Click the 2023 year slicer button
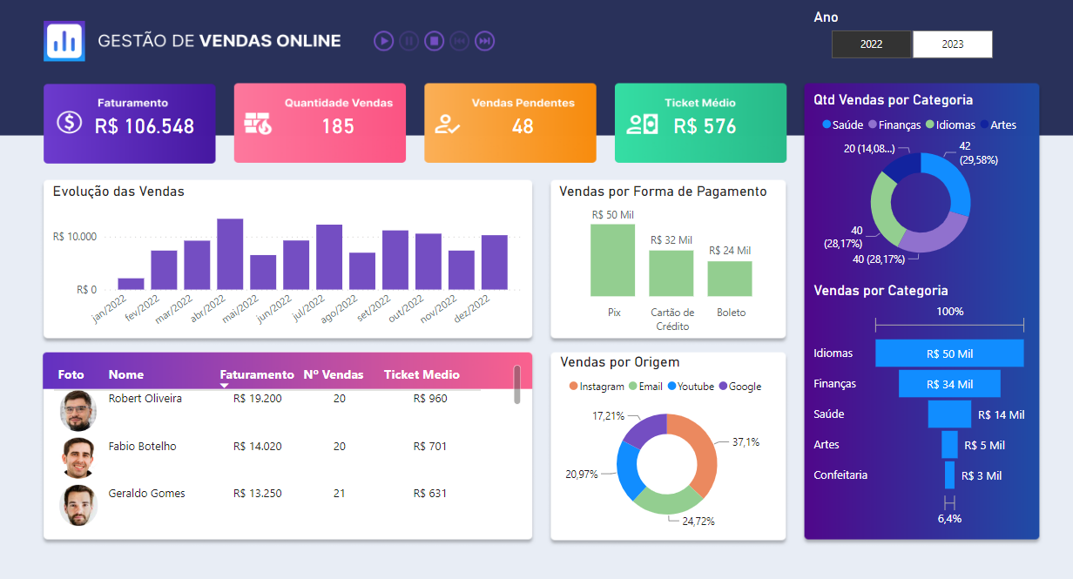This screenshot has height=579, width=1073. click(x=952, y=44)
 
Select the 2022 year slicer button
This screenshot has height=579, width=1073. click(x=872, y=44)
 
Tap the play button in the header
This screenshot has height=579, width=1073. click(x=383, y=41)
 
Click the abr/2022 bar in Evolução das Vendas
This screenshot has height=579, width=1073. click(x=230, y=254)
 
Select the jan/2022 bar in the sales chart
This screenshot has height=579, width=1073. click(x=131, y=284)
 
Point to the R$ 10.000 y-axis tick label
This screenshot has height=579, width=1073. click(x=75, y=237)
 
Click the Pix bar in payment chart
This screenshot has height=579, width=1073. click(x=613, y=260)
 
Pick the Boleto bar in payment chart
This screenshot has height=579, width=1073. click(x=730, y=279)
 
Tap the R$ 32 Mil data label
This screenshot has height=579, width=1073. click(x=671, y=240)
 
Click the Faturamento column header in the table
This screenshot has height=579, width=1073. click(x=257, y=374)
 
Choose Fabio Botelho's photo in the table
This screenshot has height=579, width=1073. click(x=78, y=457)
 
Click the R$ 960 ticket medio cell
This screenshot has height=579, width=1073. click(x=430, y=399)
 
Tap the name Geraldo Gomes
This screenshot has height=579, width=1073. click(x=146, y=494)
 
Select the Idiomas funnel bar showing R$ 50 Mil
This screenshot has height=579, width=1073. click(x=949, y=353)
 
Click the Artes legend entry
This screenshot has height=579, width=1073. click(x=998, y=125)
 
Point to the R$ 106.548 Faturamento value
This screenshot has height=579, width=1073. click(x=145, y=126)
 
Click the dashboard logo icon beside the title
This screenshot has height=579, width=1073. click(x=64, y=41)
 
